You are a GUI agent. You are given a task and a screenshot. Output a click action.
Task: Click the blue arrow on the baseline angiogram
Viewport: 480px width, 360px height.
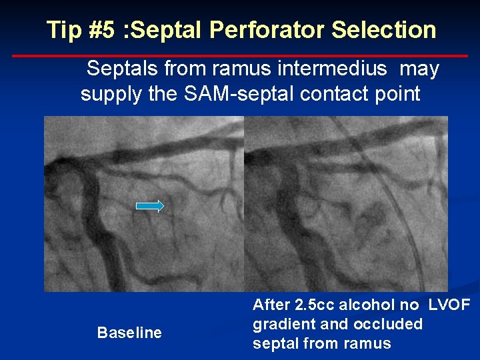coord(150,206)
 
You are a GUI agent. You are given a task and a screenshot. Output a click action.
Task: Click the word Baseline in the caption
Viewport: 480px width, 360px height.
coord(129,333)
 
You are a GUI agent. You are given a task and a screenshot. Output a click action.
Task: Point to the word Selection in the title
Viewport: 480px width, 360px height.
coord(384,30)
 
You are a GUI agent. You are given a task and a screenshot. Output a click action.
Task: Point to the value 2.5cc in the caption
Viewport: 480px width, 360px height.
coord(315,305)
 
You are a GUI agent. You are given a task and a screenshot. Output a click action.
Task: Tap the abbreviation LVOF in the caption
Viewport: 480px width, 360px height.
coord(449,305)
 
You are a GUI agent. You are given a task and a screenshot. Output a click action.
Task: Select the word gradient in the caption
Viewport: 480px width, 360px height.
coord(280,325)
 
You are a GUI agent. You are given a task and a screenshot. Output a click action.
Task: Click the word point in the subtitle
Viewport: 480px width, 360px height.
coord(398,93)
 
